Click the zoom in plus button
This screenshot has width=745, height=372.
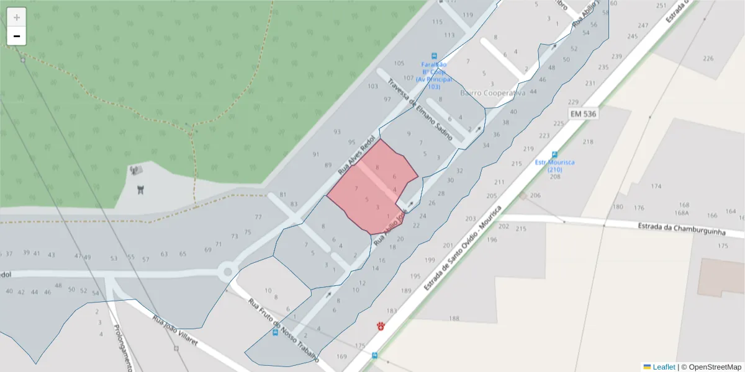(x=17, y=17)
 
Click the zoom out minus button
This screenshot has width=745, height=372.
(x=17, y=36)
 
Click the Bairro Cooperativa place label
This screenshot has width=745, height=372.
(x=493, y=93)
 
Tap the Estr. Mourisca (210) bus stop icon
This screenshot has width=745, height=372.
(x=554, y=154)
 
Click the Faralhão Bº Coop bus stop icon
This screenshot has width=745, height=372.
(x=435, y=55)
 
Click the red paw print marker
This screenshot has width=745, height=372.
(x=381, y=325)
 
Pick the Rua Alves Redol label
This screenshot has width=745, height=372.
(x=357, y=153)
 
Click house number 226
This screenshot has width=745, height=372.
(x=708, y=59)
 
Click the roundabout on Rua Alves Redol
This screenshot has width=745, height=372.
(x=228, y=271)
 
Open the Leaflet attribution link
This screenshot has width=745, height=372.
(x=664, y=366)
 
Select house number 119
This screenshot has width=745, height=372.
(x=467, y=15)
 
